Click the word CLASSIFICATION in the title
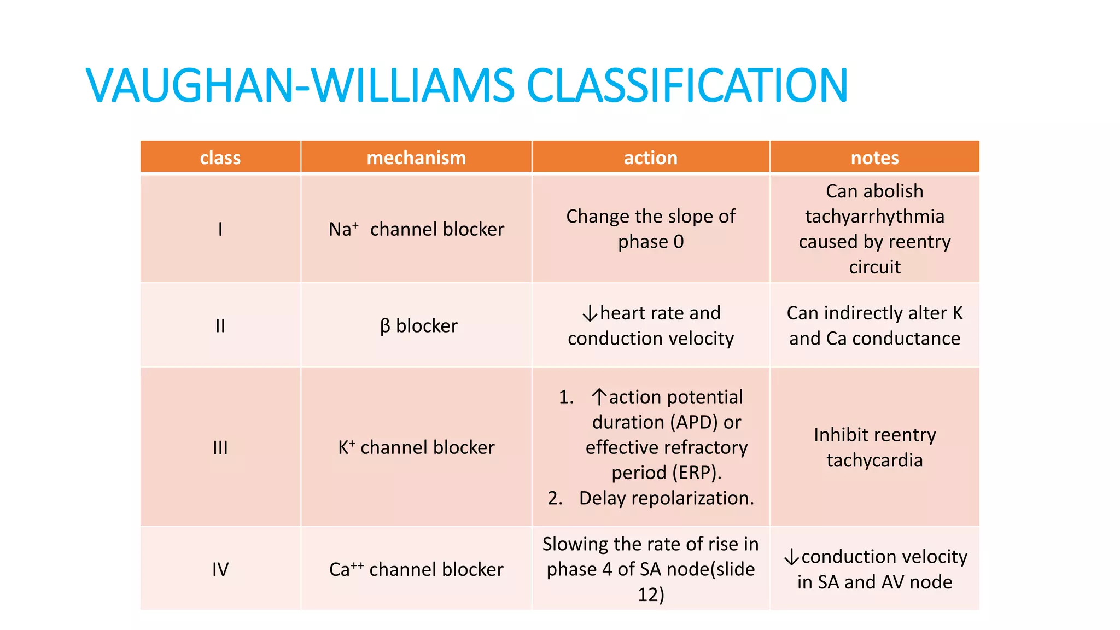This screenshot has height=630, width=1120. pyautogui.click(x=686, y=86)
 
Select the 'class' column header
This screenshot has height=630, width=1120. pyautogui.click(x=220, y=157)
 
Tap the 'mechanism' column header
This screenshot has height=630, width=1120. pyautogui.click(x=416, y=157)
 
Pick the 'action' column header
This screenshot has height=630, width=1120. pyautogui.click(x=650, y=157)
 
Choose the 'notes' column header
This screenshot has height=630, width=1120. pyautogui.click(x=874, y=157)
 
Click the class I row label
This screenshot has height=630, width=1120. pyautogui.click(x=220, y=229)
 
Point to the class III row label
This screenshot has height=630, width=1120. pyautogui.click(x=220, y=447)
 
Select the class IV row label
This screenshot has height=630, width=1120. pyautogui.click(x=220, y=569)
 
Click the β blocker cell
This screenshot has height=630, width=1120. pyautogui.click(x=418, y=326)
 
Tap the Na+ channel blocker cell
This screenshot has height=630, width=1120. pyautogui.click(x=416, y=229)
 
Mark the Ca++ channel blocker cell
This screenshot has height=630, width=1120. pyautogui.click(x=416, y=569)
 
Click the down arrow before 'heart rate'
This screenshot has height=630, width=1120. pyautogui.click(x=590, y=314)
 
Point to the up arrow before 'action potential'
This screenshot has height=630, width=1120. pyautogui.click(x=599, y=397)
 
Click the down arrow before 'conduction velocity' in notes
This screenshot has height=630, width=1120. pyautogui.click(x=791, y=557)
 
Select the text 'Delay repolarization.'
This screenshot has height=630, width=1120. pyautogui.click(x=666, y=498)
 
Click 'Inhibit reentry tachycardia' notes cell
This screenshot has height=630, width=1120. pyautogui.click(x=874, y=447)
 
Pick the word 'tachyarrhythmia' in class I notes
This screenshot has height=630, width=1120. pyautogui.click(x=874, y=217)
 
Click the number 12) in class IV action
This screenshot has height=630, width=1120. pyautogui.click(x=650, y=594)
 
